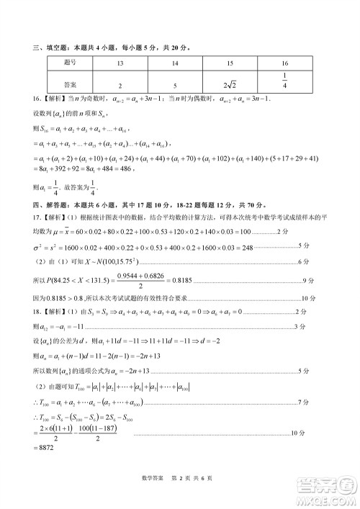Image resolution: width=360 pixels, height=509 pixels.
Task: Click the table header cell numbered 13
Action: (x=120, y=63)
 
